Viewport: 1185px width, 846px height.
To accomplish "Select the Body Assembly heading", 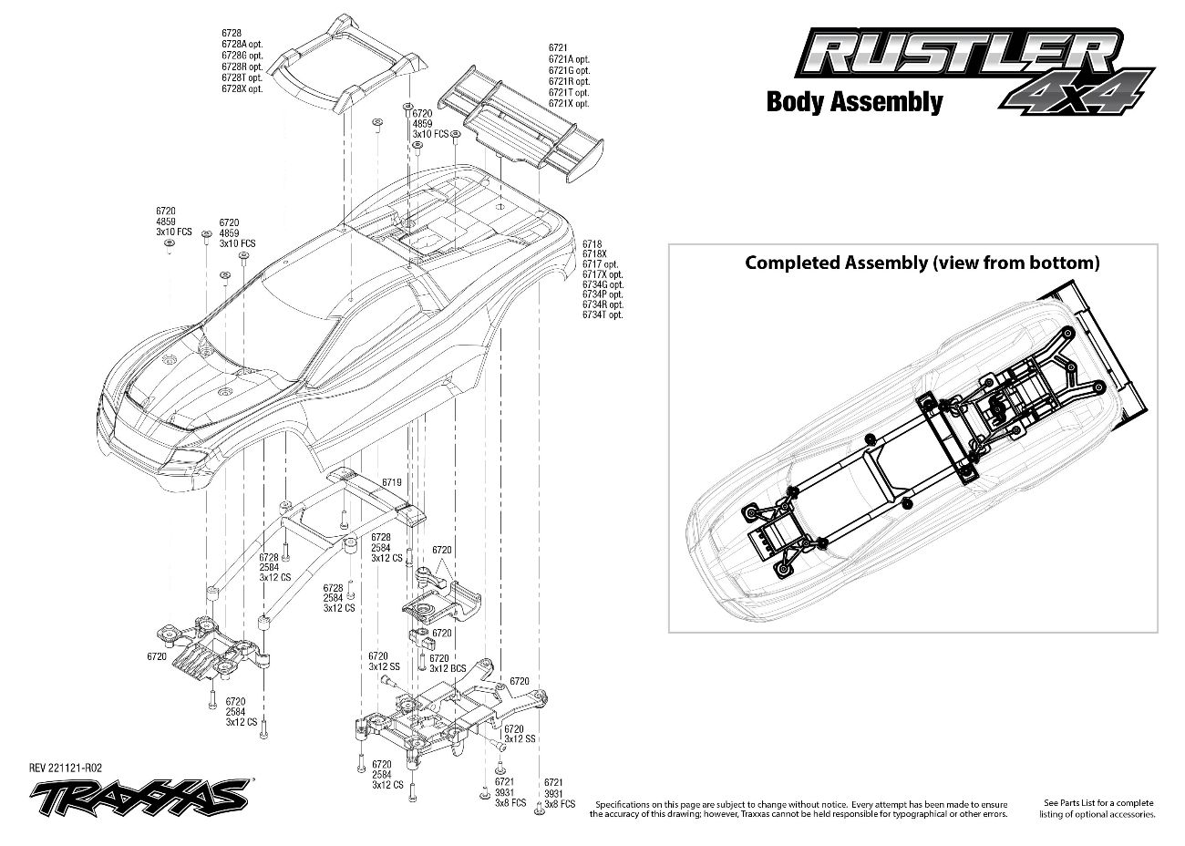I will point(854,101).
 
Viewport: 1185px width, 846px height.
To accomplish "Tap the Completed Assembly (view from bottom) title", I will point(922,263).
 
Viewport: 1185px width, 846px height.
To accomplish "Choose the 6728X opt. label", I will point(242,88).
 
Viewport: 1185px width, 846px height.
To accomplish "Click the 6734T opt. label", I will point(603,315).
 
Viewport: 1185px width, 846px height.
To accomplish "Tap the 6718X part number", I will point(593,254).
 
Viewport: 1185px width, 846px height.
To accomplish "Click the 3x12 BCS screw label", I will point(447,669).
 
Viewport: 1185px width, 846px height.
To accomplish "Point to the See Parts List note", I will point(1098,808).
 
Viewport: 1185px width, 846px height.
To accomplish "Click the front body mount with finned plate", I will point(210,648).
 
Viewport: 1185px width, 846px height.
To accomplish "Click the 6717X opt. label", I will point(603,274).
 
